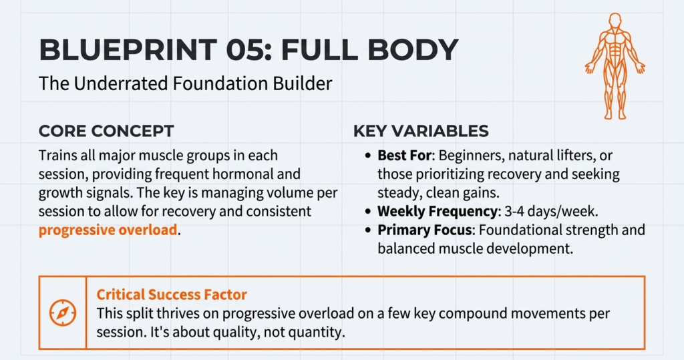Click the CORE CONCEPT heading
click(x=106, y=130)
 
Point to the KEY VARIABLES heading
click(x=421, y=131)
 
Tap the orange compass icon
click(x=63, y=312)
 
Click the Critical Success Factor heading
click(x=172, y=295)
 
